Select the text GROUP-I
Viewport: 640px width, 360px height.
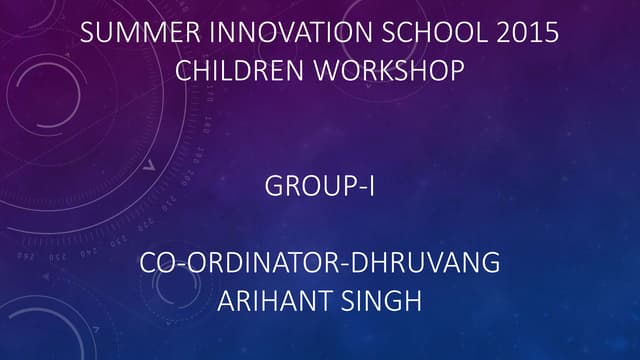tap(320, 187)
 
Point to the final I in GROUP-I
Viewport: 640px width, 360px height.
tap(371, 187)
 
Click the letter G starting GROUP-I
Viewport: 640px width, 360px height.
tap(274, 187)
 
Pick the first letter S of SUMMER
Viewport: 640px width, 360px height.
tap(86, 32)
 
